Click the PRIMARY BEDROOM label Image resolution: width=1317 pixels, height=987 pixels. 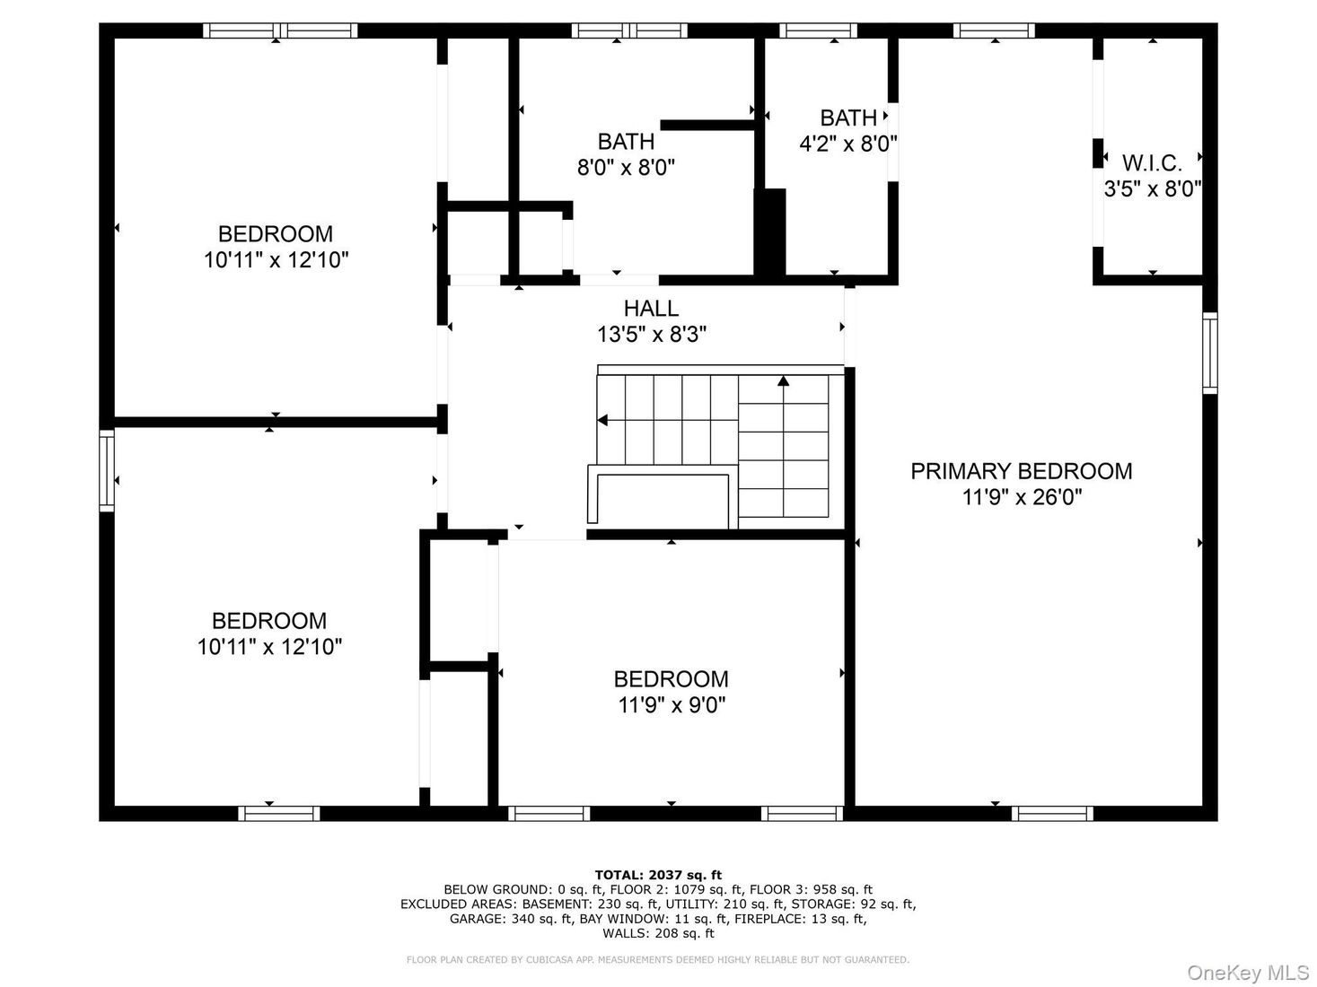(x=1021, y=471)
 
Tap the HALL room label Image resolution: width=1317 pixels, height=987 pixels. (x=651, y=308)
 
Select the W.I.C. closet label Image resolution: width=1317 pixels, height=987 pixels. (x=1152, y=163)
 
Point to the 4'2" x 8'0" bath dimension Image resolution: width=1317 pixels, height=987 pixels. (x=847, y=144)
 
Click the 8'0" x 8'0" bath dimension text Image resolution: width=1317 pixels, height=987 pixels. (x=626, y=167)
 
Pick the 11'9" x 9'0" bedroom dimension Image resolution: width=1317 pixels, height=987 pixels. (x=672, y=705)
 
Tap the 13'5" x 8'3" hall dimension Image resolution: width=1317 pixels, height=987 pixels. (x=651, y=334)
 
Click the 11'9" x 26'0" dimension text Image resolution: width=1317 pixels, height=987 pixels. (x=1022, y=497)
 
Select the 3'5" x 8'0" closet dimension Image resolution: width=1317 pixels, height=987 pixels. (x=1152, y=189)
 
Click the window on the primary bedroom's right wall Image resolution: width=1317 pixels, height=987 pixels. (x=1209, y=354)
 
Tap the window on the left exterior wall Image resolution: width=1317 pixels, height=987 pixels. (x=107, y=471)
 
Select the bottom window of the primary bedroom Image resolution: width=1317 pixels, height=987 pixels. (x=1052, y=813)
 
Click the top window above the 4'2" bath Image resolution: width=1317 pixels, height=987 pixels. (x=819, y=31)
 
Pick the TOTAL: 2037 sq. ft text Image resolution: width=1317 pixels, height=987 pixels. (x=658, y=875)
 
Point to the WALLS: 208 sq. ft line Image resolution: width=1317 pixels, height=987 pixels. (x=658, y=933)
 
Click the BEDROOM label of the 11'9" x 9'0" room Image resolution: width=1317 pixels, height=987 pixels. (x=672, y=679)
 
